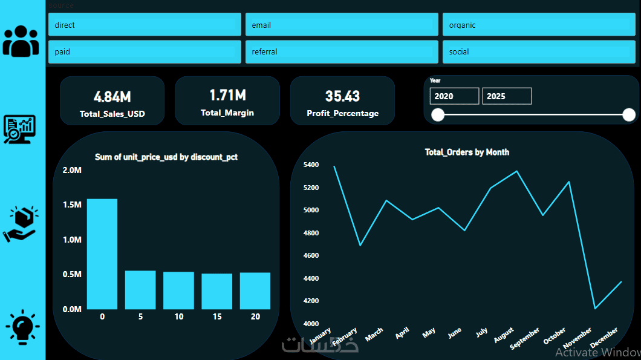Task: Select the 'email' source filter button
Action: pos(342,25)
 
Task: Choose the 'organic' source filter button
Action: pos(539,25)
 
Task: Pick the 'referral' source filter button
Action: pos(342,51)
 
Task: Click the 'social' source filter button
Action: pos(539,51)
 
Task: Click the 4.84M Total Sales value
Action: pos(112,96)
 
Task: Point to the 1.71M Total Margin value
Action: pos(227,95)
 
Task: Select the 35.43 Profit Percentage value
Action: pos(342,96)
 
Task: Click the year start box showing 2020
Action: pos(454,96)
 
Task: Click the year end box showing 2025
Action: pos(507,96)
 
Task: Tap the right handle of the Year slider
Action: pos(629,115)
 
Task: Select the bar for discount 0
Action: pos(102,254)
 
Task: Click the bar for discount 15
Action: pos(217,291)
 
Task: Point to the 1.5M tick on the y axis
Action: pos(72,205)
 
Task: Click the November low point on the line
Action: pos(595,309)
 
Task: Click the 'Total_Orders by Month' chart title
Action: pos(467,152)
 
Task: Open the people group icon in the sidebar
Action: pos(21,41)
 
